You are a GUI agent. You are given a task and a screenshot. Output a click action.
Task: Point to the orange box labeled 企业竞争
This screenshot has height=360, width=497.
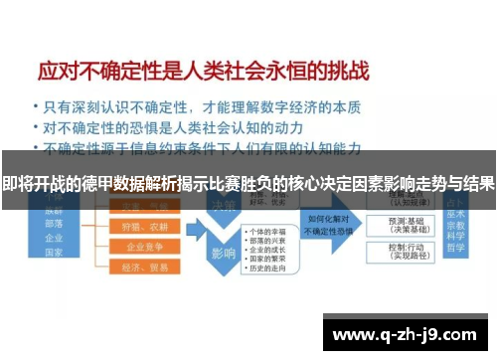click(x=143, y=247)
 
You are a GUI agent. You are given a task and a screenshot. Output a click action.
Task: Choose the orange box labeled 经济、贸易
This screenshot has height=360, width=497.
click(x=143, y=269)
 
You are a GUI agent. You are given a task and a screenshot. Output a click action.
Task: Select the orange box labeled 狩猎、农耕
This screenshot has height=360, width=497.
click(x=143, y=227)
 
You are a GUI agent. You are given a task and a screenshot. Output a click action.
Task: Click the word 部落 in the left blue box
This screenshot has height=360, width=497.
click(x=54, y=224)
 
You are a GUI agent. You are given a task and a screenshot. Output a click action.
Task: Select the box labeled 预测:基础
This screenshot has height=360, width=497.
click(x=409, y=222)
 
